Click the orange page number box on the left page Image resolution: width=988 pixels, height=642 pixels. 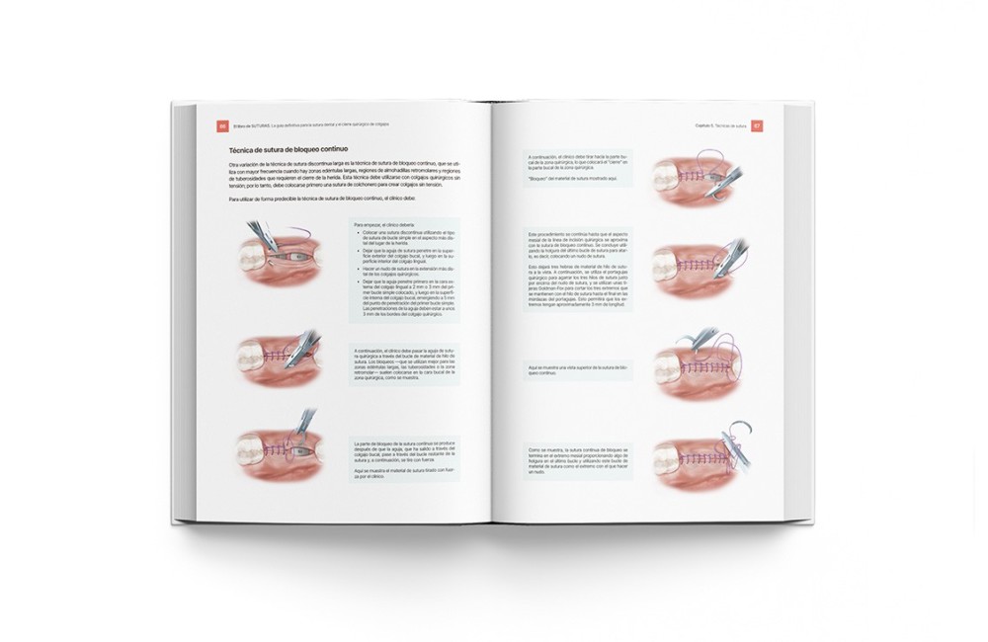[x=222, y=125]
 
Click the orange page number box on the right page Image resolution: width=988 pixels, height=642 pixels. [x=757, y=125]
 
